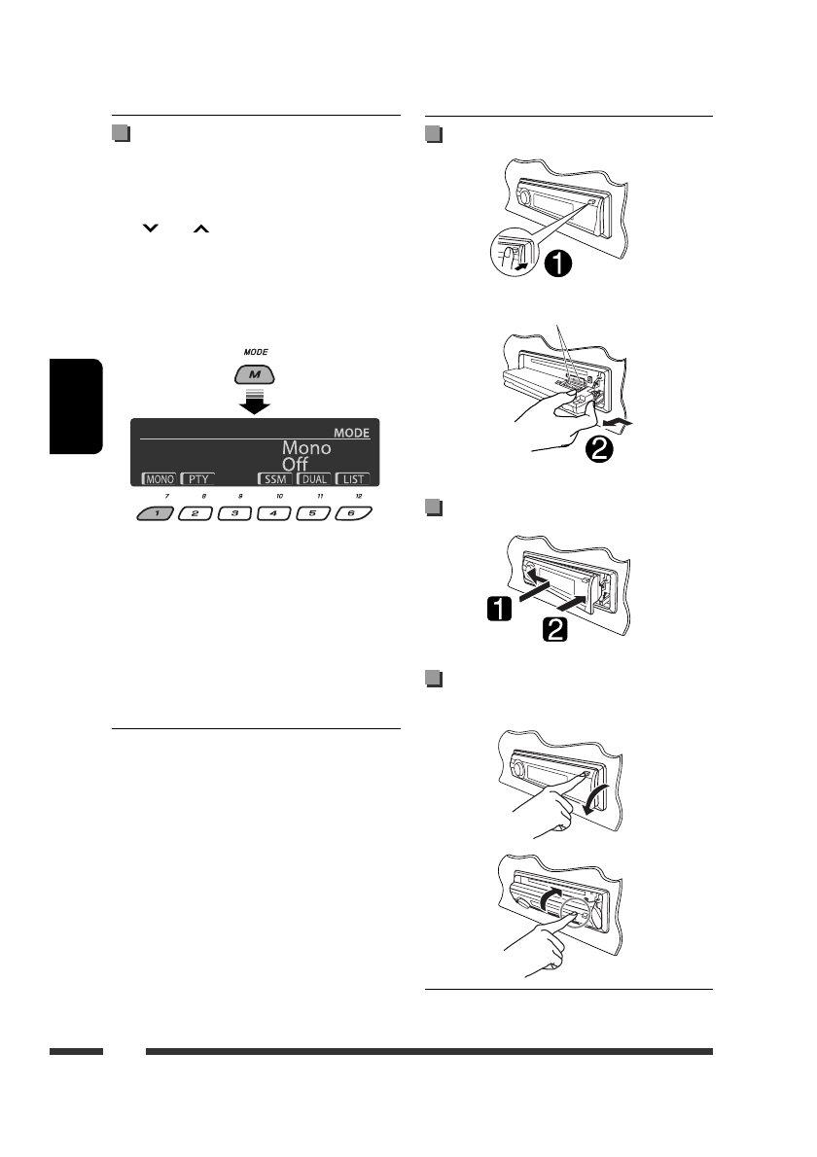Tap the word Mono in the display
306,447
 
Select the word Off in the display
295,465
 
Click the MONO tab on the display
159,479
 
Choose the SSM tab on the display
274,479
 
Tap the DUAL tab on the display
313,479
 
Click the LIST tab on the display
352,479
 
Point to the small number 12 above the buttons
359,496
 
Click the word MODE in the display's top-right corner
351,432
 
